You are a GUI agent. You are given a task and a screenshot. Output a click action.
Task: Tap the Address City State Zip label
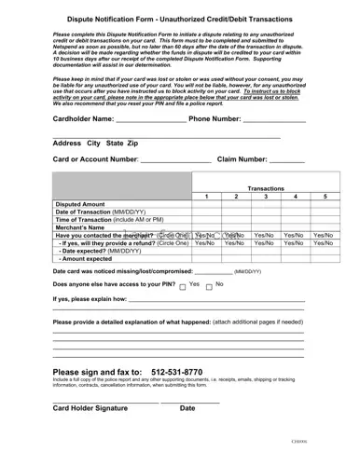(x=96, y=143)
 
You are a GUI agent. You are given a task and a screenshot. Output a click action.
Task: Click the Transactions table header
(x=265, y=188)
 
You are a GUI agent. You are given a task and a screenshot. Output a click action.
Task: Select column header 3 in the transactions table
(x=265, y=198)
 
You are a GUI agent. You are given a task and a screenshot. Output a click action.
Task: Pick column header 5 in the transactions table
(x=324, y=198)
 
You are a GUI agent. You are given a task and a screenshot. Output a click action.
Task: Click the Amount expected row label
(x=92, y=260)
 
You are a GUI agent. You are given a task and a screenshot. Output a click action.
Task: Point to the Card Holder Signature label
(x=90, y=408)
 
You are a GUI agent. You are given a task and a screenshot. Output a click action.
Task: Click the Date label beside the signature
(x=187, y=408)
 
